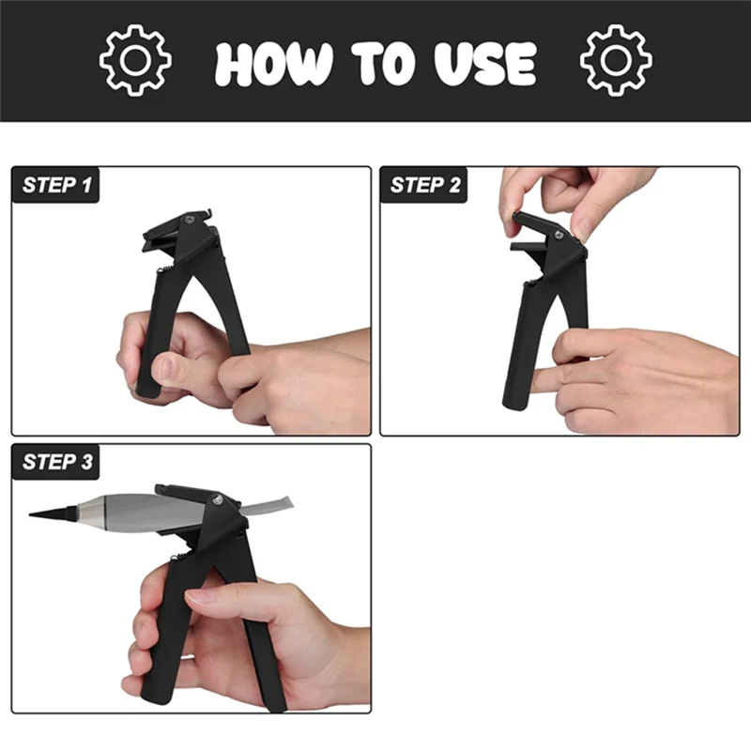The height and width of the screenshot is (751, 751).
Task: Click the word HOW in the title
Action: [x=273, y=64]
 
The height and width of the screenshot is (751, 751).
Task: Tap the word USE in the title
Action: [x=485, y=64]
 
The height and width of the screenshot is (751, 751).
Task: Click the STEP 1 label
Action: [x=56, y=185]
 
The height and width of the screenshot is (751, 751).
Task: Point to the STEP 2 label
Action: [x=425, y=185]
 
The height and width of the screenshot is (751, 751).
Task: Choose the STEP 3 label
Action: [x=57, y=462]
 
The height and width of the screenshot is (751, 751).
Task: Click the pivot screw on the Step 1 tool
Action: [x=190, y=220]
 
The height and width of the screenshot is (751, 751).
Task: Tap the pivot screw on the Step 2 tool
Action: [x=559, y=235]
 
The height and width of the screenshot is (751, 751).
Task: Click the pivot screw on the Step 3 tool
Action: [x=218, y=499]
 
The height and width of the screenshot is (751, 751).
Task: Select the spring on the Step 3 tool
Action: [x=181, y=556]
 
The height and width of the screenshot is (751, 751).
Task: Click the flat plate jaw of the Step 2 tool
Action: [x=529, y=247]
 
